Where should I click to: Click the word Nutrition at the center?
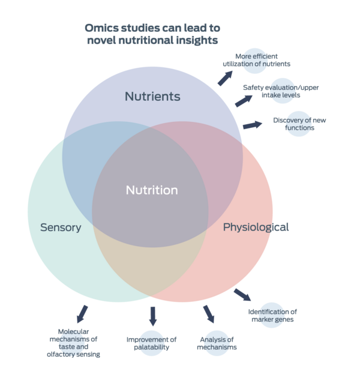click(152, 190)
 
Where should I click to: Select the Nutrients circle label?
click(152, 97)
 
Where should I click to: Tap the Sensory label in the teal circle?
click(61, 228)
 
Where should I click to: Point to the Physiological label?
click(256, 227)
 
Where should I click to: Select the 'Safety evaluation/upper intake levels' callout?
click(281, 91)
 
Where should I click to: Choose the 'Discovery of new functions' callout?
click(299, 124)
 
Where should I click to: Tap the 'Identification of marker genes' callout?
click(272, 315)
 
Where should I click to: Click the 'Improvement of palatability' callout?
click(152, 343)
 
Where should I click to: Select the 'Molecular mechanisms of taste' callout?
click(74, 343)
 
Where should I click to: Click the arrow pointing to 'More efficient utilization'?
click(226, 77)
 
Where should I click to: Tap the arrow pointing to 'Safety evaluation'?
click(243, 100)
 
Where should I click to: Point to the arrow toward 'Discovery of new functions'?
click(253, 125)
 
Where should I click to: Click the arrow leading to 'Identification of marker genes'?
click(242, 294)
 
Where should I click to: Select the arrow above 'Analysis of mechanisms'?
click(208, 313)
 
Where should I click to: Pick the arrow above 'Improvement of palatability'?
click(152, 316)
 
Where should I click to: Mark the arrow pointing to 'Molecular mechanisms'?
click(82, 313)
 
